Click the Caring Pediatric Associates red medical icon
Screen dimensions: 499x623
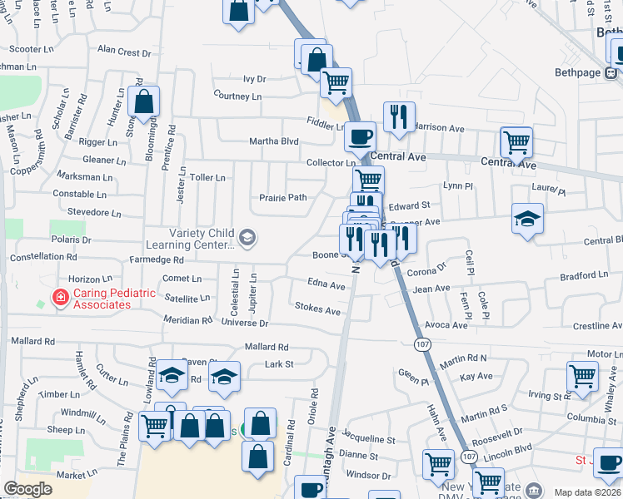(60, 298)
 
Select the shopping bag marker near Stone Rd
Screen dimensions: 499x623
(144, 103)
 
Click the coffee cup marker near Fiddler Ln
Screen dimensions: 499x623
(361, 136)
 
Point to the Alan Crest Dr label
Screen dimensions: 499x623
(124, 52)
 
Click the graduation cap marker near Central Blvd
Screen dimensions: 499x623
(527, 219)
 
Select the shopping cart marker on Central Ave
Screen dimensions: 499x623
(516, 142)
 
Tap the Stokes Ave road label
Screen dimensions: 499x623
(318, 310)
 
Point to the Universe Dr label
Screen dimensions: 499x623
(247, 323)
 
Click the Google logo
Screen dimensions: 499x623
(27, 489)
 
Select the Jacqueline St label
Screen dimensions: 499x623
(368, 439)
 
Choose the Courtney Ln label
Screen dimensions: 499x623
(237, 96)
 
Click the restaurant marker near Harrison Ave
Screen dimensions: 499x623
(399, 116)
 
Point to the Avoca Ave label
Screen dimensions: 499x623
(446, 325)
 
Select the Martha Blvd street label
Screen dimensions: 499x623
(274, 141)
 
